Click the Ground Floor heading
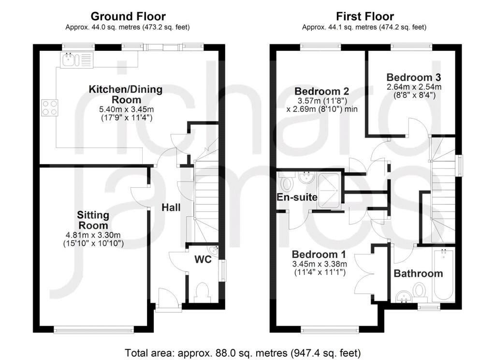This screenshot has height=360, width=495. (x=128, y=16)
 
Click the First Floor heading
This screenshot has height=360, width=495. (x=364, y=16)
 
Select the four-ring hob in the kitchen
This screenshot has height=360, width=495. (x=50, y=107)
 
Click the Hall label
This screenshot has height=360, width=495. (x=171, y=208)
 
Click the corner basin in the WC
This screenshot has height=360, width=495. (x=214, y=250)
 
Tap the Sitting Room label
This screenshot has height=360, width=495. (x=93, y=220)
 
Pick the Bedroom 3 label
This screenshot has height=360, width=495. (x=414, y=77)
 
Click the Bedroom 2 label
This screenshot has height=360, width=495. (x=321, y=91)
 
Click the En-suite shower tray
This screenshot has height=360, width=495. (x=329, y=191)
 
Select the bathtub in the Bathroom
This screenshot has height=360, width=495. (x=443, y=275)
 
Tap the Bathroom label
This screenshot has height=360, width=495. (x=418, y=273)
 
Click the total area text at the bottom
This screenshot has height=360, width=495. (x=243, y=353)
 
